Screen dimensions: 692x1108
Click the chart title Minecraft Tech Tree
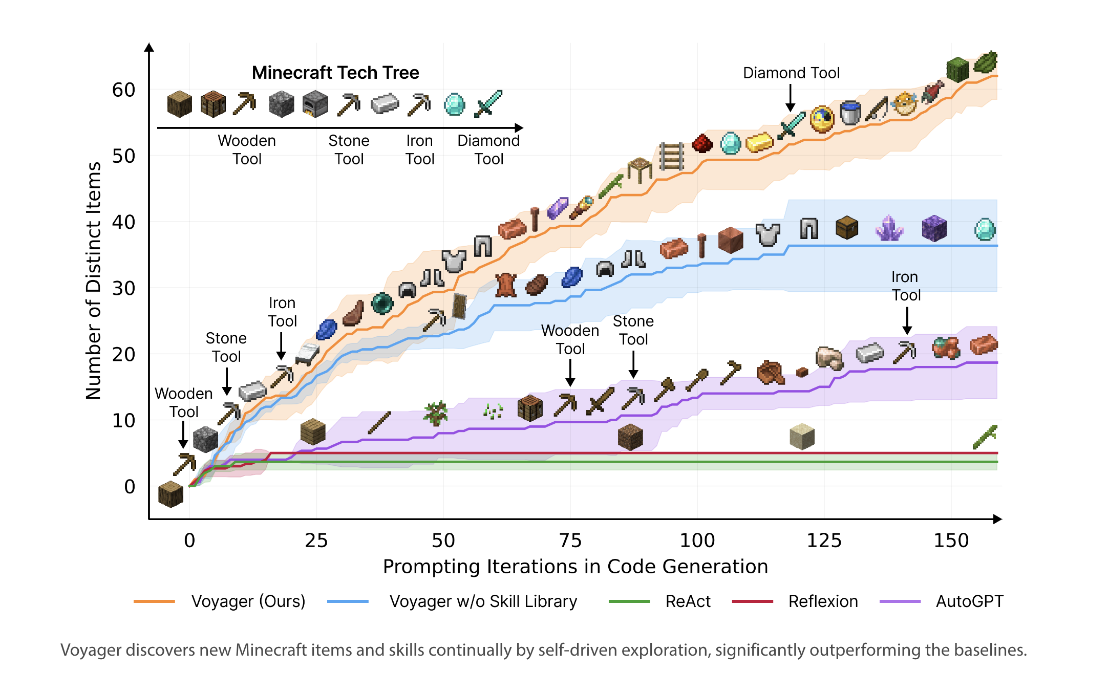coord(335,73)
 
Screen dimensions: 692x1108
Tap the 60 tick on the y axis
coord(123,90)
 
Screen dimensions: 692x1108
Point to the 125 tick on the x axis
coord(824,540)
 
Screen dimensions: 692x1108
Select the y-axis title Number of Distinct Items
coord(93,280)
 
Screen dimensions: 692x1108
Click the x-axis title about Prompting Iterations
coord(576,567)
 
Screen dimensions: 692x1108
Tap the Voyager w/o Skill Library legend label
coord(483,601)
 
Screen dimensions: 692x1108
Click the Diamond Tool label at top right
coord(791,73)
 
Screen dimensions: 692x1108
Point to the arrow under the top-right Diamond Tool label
coord(791,98)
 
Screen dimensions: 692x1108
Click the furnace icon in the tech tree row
coord(315,104)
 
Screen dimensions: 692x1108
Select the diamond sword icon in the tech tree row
coord(488,104)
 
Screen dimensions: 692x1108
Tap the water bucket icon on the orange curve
coord(850,113)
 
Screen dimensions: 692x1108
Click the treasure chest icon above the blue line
coord(847,227)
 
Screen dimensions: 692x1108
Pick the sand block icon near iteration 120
coord(802,436)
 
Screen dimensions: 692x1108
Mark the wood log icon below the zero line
coord(171,494)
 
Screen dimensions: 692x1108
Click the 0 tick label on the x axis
coord(189,540)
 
